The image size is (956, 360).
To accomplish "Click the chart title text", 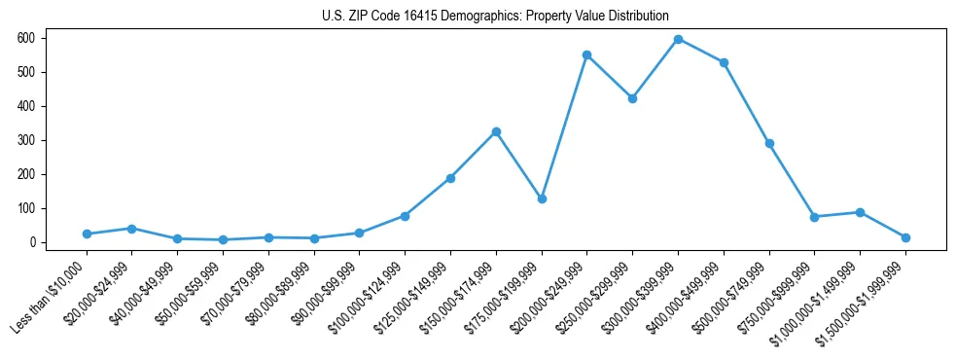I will tap(495, 16).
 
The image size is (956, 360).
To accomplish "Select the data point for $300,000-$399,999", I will tap(678, 39).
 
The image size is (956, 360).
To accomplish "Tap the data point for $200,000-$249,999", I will tap(587, 54).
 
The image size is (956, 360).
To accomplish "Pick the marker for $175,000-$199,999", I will tap(542, 198).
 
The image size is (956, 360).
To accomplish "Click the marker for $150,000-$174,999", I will tap(496, 131).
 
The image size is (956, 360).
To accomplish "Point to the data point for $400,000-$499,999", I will tap(724, 62).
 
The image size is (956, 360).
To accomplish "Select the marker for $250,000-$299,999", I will tap(632, 98).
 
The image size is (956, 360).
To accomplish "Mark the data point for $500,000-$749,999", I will tap(769, 143).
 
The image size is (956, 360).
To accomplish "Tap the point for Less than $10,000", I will tap(87, 234).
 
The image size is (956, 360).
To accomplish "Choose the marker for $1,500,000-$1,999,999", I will tap(905, 237).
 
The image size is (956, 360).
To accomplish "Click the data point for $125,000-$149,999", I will tap(450, 178).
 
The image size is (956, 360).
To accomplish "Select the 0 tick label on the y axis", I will tap(32, 242).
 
